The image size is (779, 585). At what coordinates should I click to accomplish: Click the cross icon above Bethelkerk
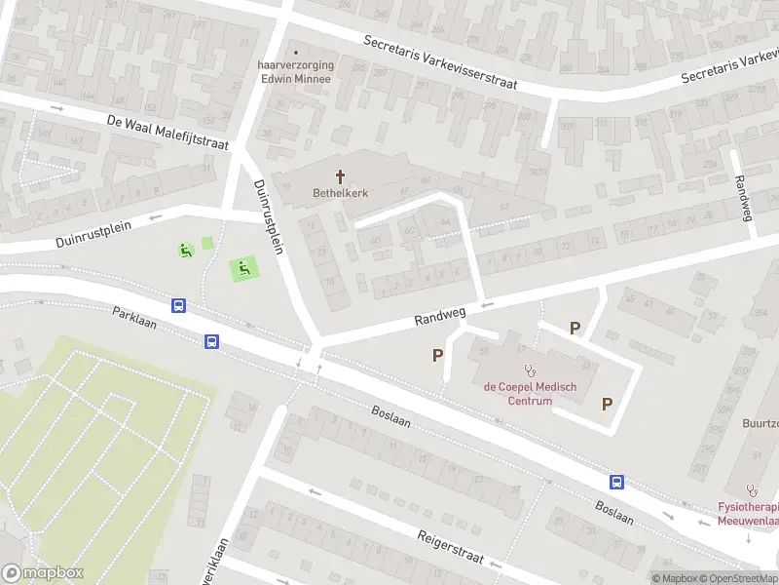341,176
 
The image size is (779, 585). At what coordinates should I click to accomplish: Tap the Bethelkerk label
341,193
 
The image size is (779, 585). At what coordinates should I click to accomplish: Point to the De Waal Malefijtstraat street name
167,131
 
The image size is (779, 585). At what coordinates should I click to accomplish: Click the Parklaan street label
134,315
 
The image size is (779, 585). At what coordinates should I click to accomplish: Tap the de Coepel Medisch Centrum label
531,394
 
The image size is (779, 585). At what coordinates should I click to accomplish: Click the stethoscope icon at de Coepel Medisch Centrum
531,370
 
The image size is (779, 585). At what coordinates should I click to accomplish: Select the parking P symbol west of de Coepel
438,356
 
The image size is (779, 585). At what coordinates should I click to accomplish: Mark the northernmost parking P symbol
575,329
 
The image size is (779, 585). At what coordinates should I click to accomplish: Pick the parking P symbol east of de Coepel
608,404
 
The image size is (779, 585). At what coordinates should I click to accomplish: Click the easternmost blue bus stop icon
616,482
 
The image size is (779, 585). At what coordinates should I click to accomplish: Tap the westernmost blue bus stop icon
179,305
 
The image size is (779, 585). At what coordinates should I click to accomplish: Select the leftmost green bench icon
184,251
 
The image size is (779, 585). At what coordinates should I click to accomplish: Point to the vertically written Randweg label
744,198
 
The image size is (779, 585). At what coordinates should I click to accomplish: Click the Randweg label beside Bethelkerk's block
440,314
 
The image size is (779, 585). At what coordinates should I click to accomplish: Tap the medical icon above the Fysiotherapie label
750,490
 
